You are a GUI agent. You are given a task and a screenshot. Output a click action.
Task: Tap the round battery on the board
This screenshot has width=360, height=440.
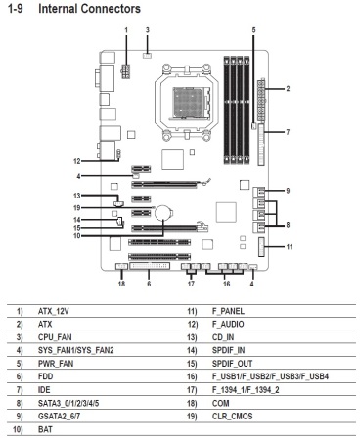[x=162, y=213]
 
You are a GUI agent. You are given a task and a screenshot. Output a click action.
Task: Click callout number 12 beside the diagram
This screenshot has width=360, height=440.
[x=77, y=161]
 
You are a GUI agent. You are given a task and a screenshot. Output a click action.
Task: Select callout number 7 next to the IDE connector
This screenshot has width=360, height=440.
[x=288, y=132]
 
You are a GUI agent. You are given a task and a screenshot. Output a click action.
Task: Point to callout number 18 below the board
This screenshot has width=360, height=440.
[x=121, y=284]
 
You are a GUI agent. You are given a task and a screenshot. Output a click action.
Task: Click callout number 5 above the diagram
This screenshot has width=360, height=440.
[x=253, y=30]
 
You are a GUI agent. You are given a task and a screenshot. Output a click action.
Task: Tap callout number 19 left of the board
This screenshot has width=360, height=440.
[x=77, y=208]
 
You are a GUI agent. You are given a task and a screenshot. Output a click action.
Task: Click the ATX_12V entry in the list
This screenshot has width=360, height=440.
[x=54, y=311]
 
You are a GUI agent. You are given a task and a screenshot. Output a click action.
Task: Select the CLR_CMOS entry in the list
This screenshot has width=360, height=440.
[x=233, y=417]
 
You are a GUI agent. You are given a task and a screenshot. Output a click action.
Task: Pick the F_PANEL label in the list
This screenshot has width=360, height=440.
[x=228, y=311]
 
